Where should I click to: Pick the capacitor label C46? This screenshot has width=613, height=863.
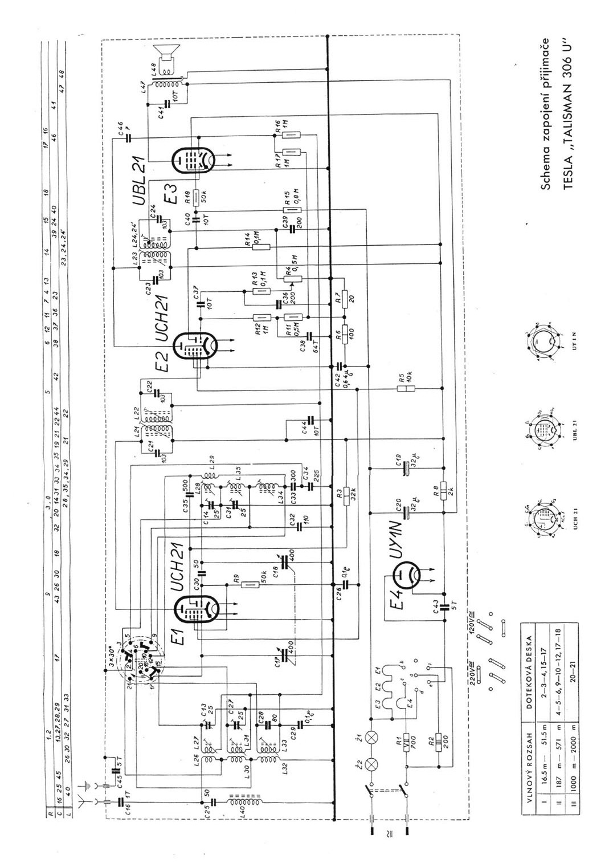tap(120, 129)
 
